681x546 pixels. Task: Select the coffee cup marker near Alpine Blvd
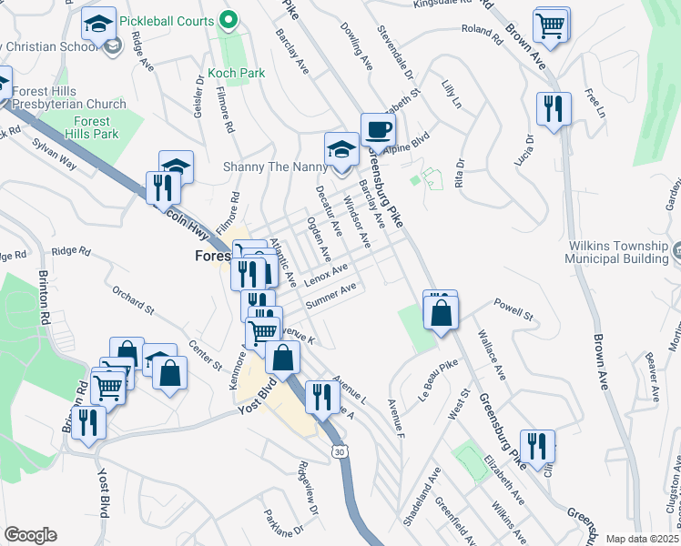(378, 129)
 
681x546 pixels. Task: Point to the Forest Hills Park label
(92, 127)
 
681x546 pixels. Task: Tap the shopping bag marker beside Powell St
(441, 312)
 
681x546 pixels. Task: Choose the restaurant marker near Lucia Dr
(554, 110)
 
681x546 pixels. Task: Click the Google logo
(30, 535)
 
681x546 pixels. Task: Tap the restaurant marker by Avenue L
(320, 397)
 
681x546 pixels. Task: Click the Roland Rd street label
(482, 35)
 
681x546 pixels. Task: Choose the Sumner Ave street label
(330, 295)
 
